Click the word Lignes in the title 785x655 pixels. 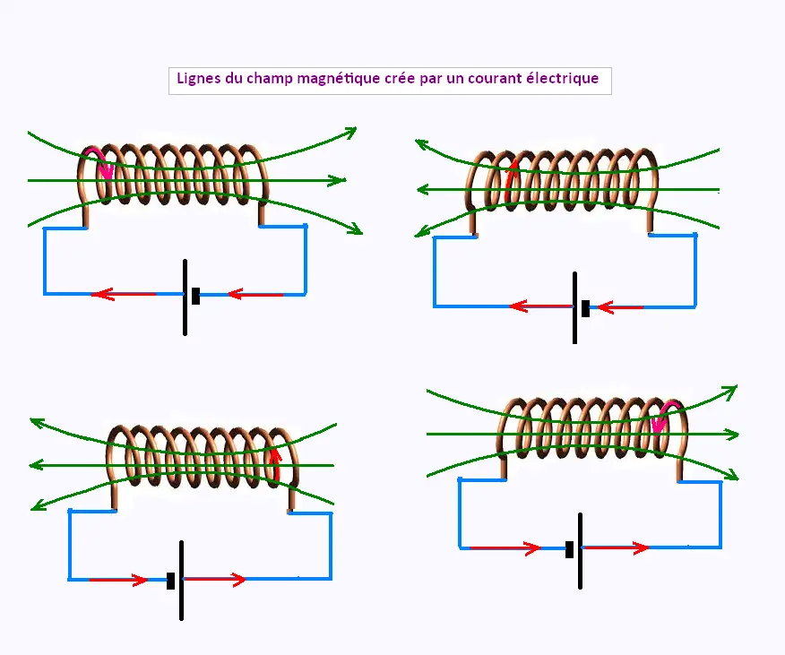coord(197,79)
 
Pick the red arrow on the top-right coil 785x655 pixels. coord(511,179)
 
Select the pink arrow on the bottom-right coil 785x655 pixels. coord(660,417)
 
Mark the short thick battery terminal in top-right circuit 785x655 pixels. coord(585,308)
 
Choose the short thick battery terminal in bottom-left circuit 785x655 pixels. coord(170,580)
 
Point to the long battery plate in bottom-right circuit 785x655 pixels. coord(581,550)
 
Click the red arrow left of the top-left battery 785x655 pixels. coord(125,293)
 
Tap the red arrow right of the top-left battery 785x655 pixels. coord(255,293)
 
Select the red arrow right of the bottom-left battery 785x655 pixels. coord(215,580)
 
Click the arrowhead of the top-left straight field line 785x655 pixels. coord(338,180)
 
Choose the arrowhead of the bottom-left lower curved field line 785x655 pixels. coord(39,506)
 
